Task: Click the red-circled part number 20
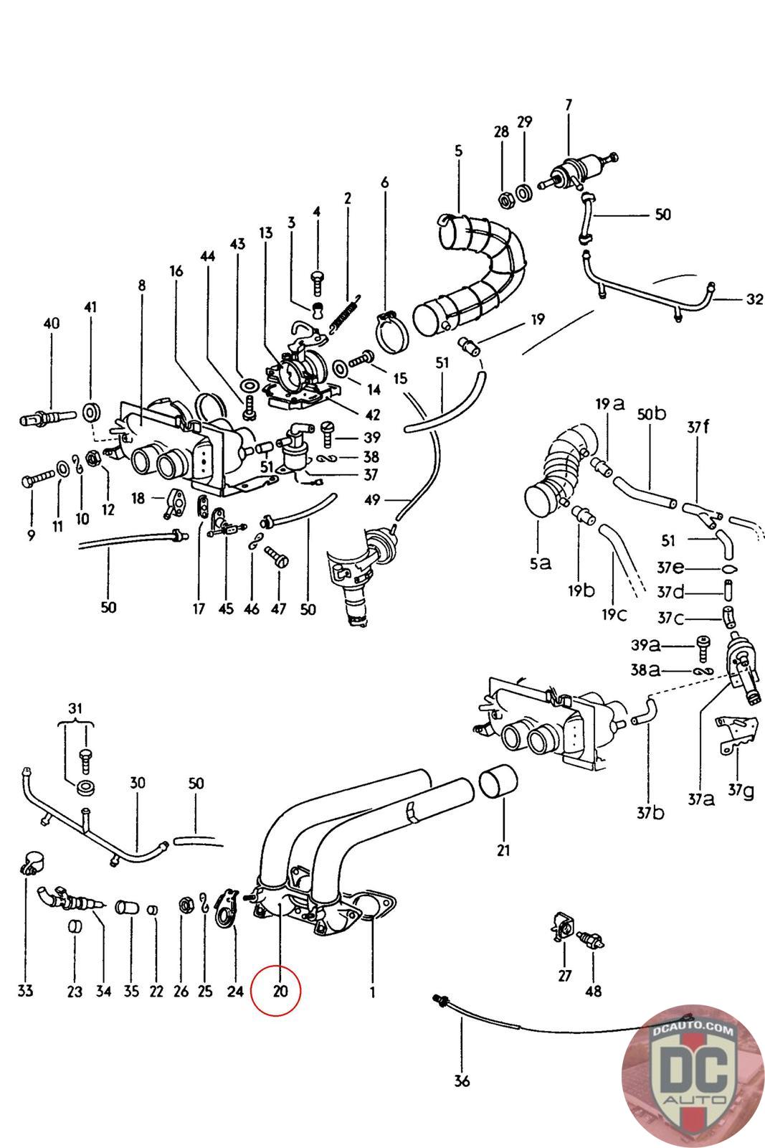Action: click(280, 991)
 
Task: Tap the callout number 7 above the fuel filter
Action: click(569, 105)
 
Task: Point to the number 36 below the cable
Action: click(462, 1080)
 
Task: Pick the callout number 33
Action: click(25, 991)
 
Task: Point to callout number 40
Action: click(51, 324)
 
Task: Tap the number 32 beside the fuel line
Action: click(754, 300)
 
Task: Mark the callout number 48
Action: click(593, 991)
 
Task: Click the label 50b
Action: click(651, 414)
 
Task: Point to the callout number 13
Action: click(266, 232)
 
